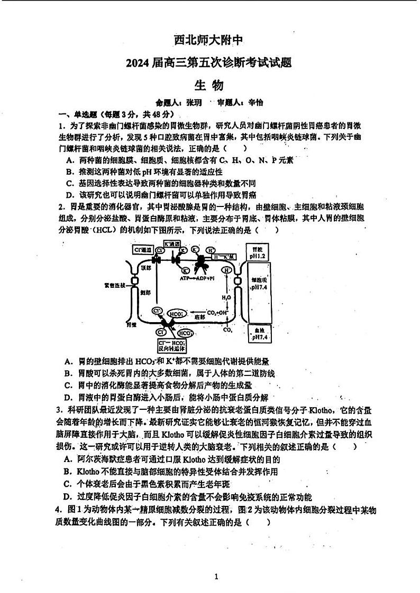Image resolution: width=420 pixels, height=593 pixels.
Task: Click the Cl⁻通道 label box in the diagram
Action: (143, 249)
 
